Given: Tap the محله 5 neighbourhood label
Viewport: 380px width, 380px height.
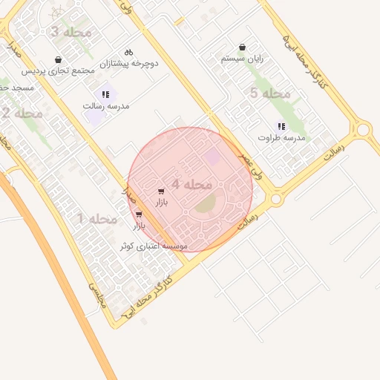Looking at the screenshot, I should (270, 94).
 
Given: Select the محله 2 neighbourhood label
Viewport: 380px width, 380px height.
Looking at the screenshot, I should (22, 114).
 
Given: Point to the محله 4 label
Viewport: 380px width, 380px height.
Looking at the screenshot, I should (192, 183).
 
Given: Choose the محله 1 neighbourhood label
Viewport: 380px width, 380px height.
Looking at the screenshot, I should (97, 219).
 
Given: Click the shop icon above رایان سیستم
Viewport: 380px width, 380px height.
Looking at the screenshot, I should (243, 47).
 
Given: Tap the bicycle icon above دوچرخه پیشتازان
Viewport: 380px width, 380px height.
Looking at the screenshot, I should (128, 52).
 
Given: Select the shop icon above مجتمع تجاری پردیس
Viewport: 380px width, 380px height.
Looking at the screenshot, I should (59, 59).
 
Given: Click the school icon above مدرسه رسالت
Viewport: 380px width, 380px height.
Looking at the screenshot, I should (106, 94).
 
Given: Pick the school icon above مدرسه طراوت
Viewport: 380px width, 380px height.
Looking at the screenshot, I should (281, 126).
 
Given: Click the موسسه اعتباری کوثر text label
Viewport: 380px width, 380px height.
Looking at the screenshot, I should (154, 246).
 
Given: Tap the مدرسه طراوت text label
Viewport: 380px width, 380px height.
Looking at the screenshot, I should (282, 137).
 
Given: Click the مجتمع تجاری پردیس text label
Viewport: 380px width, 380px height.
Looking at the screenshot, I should (58, 71).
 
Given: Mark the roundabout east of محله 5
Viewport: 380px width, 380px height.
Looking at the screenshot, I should (363, 130).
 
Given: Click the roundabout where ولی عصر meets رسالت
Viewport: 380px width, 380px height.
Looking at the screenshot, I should (275, 199).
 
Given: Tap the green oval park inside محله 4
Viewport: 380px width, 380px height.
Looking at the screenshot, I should (205, 201).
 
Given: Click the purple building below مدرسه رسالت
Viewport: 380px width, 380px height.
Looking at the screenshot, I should (94, 117).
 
